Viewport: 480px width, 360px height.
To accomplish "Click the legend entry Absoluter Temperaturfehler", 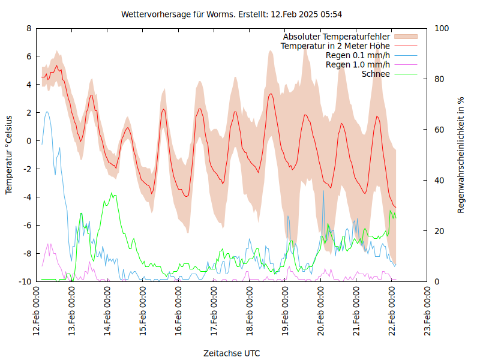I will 337,37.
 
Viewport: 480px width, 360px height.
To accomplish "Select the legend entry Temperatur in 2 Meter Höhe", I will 335,46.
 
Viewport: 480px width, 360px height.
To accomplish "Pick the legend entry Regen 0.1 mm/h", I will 358,55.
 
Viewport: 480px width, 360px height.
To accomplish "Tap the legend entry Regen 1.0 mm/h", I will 358,65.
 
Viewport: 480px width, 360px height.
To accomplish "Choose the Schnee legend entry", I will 376,74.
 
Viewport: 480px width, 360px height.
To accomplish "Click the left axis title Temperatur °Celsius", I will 9,155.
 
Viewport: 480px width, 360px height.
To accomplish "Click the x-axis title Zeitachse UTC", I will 232,353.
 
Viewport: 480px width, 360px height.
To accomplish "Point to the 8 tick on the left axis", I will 29,28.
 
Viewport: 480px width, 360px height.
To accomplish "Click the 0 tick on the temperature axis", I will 29,141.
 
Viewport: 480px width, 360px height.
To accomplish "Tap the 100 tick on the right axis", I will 442,28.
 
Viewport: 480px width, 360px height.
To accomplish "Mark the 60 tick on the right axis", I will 439,130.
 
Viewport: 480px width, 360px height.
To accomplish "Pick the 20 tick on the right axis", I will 439,231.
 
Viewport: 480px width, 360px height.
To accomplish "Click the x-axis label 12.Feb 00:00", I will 37,312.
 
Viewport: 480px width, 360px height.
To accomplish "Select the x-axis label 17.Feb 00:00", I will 214,312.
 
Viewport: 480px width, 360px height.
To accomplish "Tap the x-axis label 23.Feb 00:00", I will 427,312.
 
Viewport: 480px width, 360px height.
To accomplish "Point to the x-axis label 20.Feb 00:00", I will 321,312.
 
